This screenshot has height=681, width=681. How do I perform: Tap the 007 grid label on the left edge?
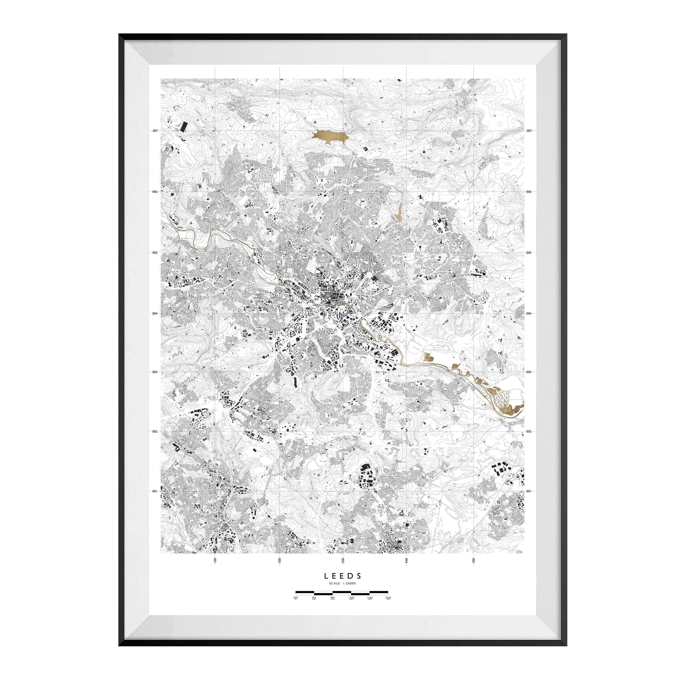155,130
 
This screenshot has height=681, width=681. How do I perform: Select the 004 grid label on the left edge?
155,313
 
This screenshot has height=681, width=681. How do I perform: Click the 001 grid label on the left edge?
155,491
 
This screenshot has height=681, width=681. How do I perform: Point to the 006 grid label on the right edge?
529,192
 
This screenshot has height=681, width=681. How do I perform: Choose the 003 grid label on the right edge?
529,372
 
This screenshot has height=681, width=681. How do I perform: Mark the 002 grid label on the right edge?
529,431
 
